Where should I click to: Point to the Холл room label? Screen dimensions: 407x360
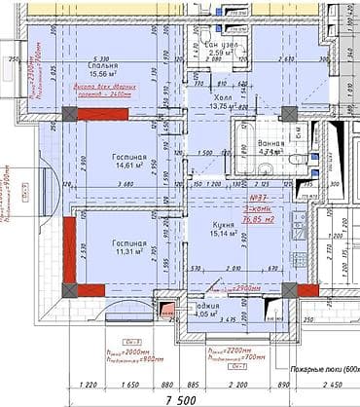click(224, 98)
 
